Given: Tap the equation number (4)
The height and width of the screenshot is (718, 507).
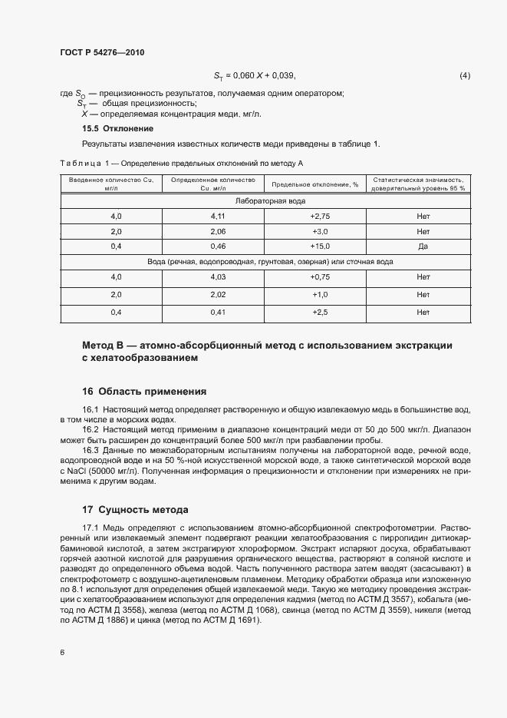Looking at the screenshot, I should click(x=464, y=75).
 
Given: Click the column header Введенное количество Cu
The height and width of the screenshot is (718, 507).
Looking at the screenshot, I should click(x=110, y=180).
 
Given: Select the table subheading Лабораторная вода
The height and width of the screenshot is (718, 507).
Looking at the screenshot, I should click(x=268, y=200).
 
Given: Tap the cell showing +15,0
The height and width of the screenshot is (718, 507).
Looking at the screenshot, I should click(x=320, y=246).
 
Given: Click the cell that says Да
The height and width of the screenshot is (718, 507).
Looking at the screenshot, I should click(x=423, y=246).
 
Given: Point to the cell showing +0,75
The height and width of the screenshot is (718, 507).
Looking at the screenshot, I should click(x=320, y=277).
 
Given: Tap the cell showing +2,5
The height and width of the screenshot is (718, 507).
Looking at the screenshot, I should click(x=320, y=313).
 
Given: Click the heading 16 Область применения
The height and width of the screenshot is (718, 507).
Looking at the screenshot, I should click(x=144, y=391).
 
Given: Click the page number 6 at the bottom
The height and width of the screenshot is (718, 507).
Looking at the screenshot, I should click(x=62, y=652).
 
